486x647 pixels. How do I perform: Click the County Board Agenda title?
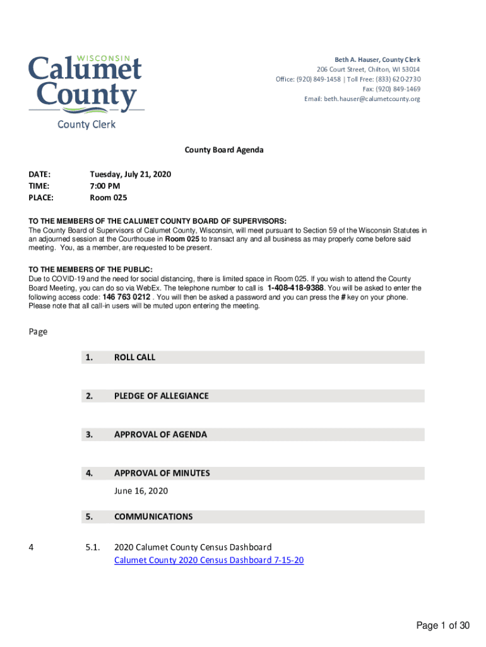click(224, 150)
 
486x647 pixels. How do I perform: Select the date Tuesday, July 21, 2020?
click(131, 174)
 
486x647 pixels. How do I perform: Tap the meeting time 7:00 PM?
click(105, 186)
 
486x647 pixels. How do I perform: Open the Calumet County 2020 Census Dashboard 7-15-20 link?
click(209, 560)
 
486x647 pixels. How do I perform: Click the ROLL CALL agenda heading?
click(134, 357)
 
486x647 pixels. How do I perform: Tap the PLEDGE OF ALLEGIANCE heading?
click(161, 396)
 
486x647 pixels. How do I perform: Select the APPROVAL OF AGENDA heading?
click(160, 435)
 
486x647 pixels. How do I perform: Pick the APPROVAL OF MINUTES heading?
click(162, 473)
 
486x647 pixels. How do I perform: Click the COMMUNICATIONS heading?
click(153, 517)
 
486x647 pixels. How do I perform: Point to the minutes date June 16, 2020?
click(141, 491)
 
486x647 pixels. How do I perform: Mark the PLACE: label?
click(41, 198)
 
